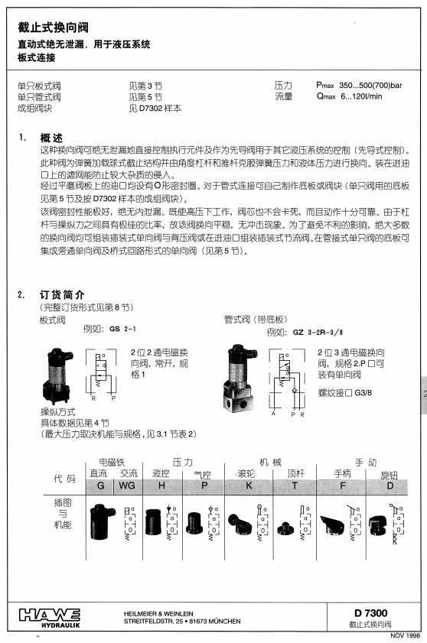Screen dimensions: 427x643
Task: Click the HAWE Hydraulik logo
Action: tap(50, 618)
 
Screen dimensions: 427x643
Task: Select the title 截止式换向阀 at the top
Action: tap(53, 28)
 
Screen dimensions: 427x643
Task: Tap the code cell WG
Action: tap(127, 485)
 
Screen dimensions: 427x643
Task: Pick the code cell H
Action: tap(161, 485)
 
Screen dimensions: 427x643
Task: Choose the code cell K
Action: tap(249, 485)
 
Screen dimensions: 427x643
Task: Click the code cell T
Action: tap(295, 485)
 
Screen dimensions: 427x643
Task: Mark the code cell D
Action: tap(390, 485)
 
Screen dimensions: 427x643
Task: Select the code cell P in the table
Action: tap(204, 485)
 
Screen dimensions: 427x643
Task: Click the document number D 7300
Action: tap(370, 613)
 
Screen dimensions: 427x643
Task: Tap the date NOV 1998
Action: tap(405, 635)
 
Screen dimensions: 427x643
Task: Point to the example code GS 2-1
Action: tap(122, 329)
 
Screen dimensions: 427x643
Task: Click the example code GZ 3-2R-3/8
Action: tap(318, 332)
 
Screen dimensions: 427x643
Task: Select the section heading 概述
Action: tap(51, 138)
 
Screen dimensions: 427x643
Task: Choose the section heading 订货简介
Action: tap(62, 295)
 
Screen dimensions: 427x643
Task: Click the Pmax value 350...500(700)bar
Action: tap(370, 86)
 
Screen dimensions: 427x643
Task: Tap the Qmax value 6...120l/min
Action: tap(361, 96)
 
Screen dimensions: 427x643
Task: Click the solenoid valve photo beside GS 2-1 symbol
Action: tap(58, 375)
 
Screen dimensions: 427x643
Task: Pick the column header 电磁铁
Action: tap(112, 463)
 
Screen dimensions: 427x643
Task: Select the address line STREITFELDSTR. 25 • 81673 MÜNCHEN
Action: tap(182, 622)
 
